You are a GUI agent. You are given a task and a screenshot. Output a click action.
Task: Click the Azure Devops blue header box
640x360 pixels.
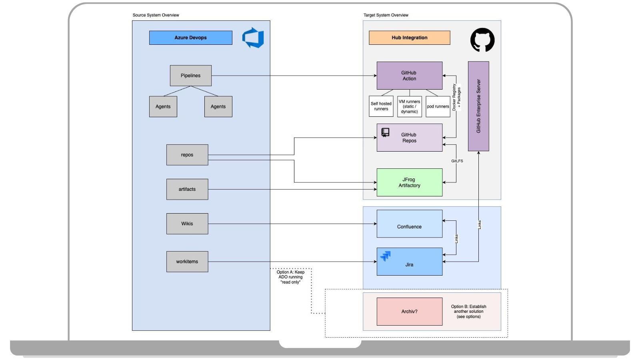(x=190, y=38)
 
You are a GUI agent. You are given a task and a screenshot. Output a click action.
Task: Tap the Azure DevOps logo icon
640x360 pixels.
(x=253, y=38)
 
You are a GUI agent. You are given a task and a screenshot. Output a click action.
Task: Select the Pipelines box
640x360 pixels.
(x=190, y=76)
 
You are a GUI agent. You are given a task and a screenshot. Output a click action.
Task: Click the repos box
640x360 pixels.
(x=187, y=155)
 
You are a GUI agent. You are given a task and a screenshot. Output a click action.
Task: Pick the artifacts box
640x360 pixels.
(x=187, y=189)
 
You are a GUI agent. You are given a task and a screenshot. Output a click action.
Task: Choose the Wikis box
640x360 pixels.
(x=187, y=224)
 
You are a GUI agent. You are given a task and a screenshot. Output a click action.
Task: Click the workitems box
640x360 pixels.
(x=187, y=262)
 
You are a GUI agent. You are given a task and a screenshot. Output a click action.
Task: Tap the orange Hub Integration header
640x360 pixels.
(x=409, y=38)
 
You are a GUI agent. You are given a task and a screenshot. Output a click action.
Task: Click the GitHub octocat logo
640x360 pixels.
(x=482, y=40)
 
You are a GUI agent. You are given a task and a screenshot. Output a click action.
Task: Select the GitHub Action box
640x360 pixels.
(x=409, y=76)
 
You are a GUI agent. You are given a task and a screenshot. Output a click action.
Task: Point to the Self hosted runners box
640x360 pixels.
(x=381, y=106)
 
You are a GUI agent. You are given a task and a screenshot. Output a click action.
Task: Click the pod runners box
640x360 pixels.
(x=438, y=106)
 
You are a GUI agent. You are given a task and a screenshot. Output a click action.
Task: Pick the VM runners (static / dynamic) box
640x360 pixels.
(x=409, y=106)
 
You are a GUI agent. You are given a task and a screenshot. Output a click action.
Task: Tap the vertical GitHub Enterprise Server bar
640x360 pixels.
(x=478, y=106)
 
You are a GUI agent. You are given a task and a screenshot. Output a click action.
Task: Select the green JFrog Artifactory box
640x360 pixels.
(x=409, y=182)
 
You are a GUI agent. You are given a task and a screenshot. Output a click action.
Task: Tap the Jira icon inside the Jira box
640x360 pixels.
(x=386, y=256)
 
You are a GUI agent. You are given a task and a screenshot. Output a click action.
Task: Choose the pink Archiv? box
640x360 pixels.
(x=409, y=311)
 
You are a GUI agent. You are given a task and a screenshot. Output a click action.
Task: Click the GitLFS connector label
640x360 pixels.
(x=457, y=161)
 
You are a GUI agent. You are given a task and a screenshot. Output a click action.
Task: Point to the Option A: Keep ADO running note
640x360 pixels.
(x=290, y=277)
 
